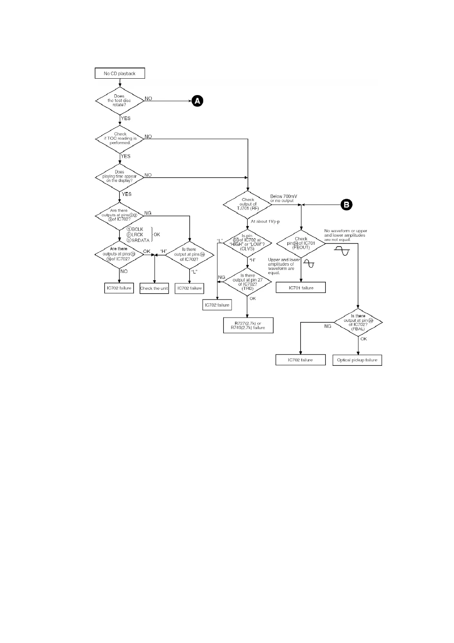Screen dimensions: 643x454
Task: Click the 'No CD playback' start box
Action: [120, 73]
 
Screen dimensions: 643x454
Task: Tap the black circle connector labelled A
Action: [197, 101]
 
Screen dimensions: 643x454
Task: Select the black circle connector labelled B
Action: [346, 205]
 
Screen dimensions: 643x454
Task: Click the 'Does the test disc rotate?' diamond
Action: [119, 101]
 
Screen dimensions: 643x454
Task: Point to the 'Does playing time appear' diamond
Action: [119, 176]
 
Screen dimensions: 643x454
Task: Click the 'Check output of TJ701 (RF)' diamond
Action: [248, 204]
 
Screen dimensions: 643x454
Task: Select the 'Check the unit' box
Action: [154, 288]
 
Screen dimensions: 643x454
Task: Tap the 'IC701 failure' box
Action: [301, 288]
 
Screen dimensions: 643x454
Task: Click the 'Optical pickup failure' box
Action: [357, 360]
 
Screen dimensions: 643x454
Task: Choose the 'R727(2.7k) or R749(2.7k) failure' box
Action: [248, 326]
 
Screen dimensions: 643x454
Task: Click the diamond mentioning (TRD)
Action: [247, 282]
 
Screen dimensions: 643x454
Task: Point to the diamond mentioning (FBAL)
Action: [358, 322]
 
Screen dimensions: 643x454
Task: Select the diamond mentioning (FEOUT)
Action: [301, 243]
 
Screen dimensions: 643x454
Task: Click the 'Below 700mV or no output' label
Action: [283, 199]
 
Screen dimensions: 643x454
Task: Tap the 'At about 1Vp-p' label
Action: [265, 221]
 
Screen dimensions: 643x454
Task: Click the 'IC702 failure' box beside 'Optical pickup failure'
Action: [301, 360]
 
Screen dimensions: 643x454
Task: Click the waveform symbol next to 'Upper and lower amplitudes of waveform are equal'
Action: [311, 263]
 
